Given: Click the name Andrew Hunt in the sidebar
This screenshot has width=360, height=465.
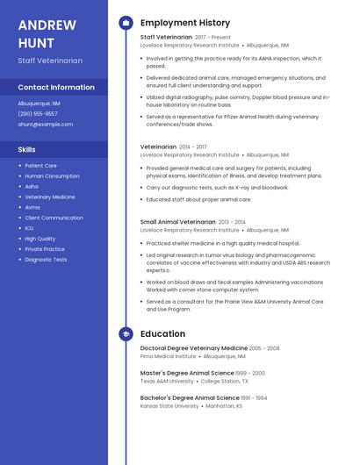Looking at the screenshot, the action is (47, 33).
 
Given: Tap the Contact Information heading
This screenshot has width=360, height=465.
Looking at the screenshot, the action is (56, 88).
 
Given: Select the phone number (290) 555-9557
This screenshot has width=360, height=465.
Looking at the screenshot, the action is (38, 114).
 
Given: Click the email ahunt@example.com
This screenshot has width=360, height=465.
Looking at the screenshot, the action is (46, 125).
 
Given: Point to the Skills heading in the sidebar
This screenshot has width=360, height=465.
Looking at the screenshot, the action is (27, 150).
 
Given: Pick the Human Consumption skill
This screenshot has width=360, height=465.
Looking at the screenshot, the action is (52, 176).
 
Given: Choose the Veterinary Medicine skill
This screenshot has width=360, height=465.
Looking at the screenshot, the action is (50, 197).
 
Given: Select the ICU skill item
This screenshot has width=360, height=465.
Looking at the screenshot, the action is (29, 228).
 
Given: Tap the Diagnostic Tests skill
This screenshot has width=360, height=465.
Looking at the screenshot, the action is (46, 260).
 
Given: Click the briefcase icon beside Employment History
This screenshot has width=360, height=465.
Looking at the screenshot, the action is (126, 23).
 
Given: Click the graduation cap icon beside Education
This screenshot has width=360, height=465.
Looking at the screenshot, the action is (126, 334).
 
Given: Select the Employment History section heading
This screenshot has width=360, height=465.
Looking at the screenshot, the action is (185, 23).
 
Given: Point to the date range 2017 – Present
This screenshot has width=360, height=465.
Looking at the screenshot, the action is (212, 38).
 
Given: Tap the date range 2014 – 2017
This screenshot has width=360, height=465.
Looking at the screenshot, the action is (193, 147).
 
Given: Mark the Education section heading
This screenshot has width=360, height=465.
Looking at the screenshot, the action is (162, 334).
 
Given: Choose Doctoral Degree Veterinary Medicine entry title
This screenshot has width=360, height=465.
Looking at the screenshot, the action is (193, 348).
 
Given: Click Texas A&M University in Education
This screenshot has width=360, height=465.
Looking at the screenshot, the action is (167, 382).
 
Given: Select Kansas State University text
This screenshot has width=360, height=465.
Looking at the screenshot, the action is (169, 406).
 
